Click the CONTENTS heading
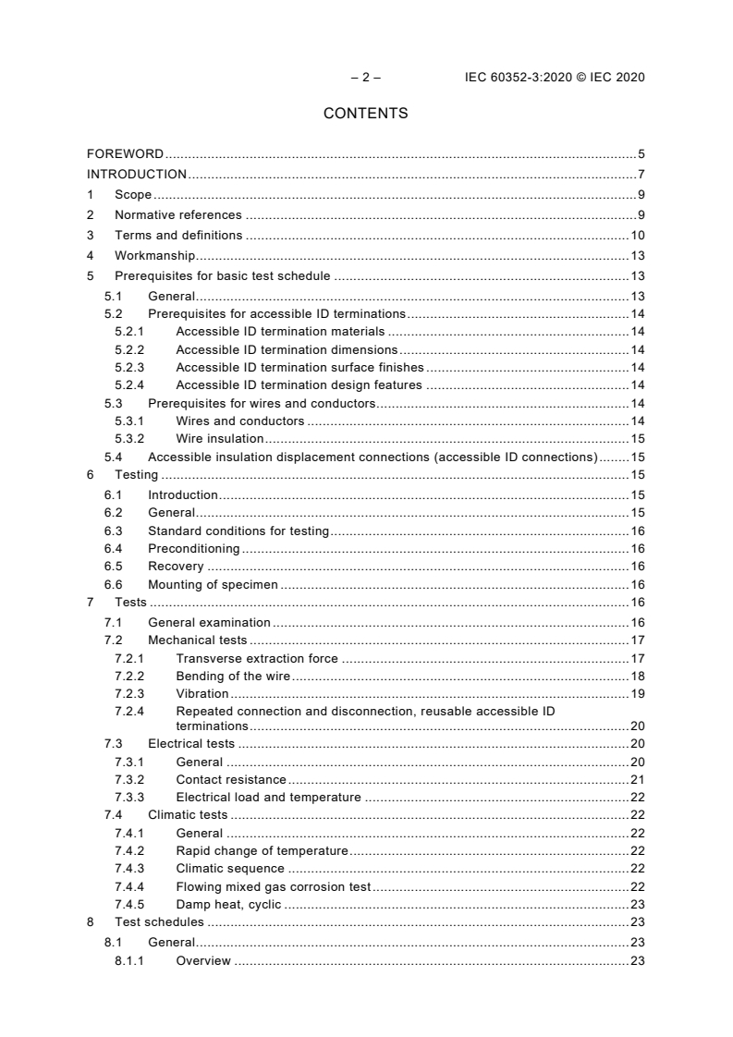365,114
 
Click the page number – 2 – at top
365,78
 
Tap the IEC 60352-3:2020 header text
554,78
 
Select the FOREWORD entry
125,153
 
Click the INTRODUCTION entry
137,174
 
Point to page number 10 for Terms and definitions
637,235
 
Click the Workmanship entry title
154,256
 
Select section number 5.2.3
129,367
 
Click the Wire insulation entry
219,438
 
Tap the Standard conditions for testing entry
238,531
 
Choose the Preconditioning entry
193,549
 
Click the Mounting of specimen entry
213,584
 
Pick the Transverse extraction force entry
257,658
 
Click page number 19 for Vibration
637,693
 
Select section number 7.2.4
129,711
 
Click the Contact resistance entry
230,779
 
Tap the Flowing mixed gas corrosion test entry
273,886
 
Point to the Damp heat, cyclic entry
228,904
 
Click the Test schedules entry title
159,922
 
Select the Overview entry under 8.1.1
203,961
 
